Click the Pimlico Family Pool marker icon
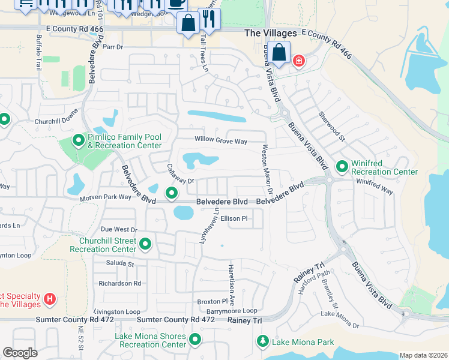(x=78, y=141)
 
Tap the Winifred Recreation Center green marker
(x=342, y=166)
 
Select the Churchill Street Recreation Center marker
(x=145, y=244)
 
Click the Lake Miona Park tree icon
(x=263, y=342)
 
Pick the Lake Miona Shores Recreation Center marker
(x=194, y=340)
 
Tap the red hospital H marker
(x=50, y=298)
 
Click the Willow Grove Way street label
(x=221, y=142)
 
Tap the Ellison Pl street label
(x=234, y=219)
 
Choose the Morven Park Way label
(x=106, y=197)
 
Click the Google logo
(x=20, y=353)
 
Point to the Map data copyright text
(x=423, y=355)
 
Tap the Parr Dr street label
(x=113, y=46)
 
